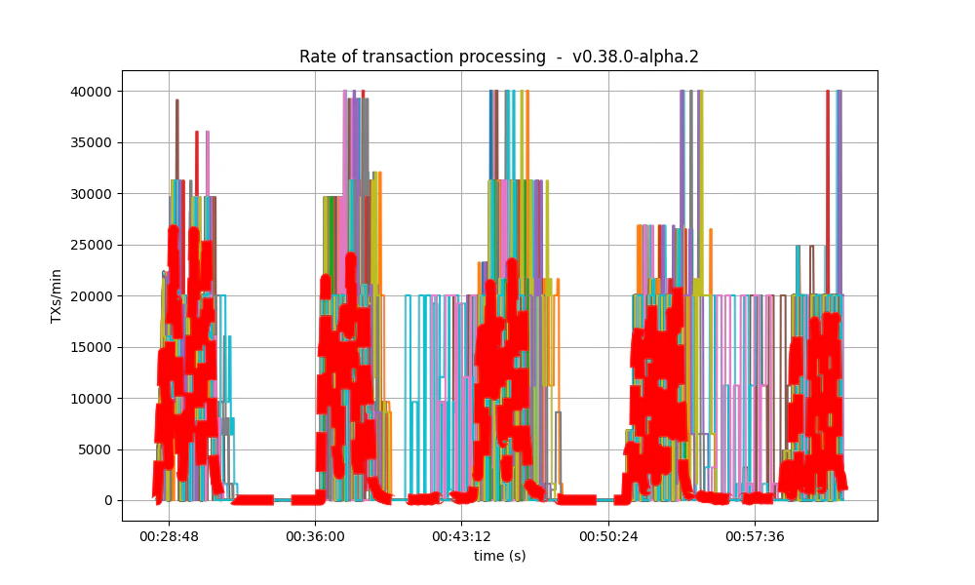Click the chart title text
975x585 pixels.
[498, 57]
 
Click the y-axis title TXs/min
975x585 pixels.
[57, 295]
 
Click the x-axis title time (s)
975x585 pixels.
[499, 556]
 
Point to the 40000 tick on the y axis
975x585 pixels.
[90, 92]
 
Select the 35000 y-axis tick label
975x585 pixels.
[90, 142]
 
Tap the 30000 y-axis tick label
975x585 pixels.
[90, 194]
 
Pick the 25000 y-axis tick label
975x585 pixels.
[90, 245]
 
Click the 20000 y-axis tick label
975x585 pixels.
[90, 296]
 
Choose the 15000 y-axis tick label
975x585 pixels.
[90, 347]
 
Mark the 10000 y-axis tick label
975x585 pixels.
[90, 399]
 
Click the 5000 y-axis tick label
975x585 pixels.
[94, 449]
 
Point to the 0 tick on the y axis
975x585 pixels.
[106, 501]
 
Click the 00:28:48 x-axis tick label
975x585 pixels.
[169, 536]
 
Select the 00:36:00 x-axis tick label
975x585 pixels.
[315, 536]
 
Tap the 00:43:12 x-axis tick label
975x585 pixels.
[462, 536]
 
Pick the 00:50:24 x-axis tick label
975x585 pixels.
[608, 536]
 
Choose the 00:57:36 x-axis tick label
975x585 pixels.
[756, 536]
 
